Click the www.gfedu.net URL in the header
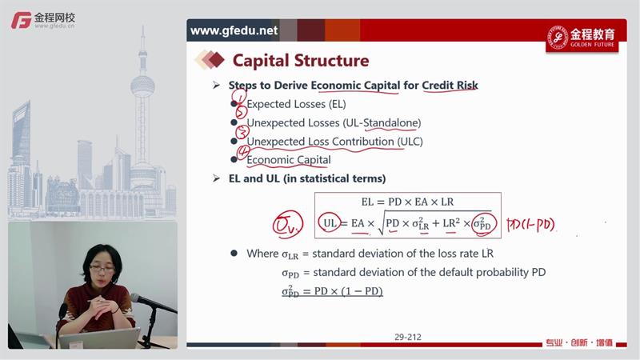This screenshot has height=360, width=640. coord(234,30)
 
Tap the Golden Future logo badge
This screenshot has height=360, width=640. coord(582,38)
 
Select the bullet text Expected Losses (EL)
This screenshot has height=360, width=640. coord(296,104)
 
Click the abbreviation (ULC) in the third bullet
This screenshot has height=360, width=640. coord(409,142)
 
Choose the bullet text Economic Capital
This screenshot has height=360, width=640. coord(289,160)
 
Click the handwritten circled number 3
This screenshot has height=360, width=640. coord(242,132)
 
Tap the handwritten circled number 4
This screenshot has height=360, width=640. coord(244,152)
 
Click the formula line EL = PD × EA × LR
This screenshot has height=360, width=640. coord(407,202)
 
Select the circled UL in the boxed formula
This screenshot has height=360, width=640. coord(330,223)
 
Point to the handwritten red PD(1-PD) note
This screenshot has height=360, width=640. coord(530,225)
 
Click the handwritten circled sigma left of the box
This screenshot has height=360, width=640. coord(288,224)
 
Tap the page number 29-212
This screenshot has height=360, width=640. coord(408,337)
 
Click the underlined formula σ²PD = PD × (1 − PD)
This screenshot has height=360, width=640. coord(332,291)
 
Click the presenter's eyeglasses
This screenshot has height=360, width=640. coord(102,269)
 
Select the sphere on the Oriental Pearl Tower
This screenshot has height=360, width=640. coord(142,86)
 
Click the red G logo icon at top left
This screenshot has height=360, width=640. coord(22,21)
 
